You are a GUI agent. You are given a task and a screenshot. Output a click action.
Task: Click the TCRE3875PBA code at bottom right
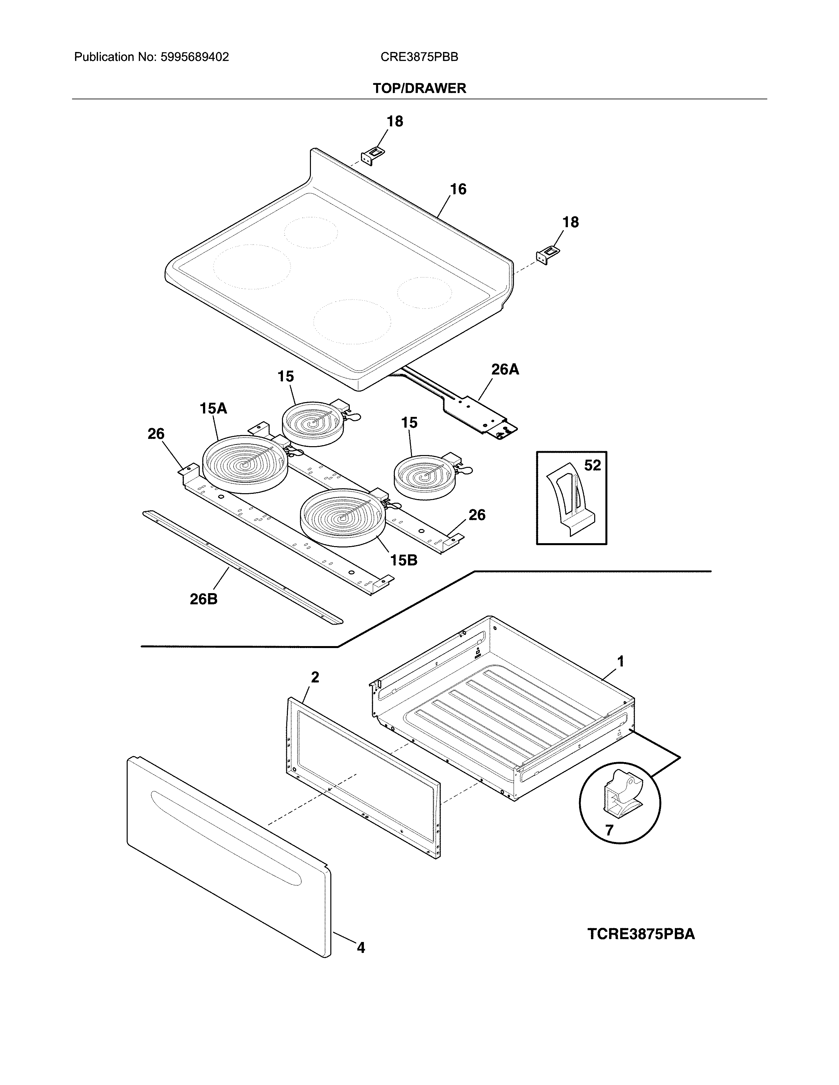coord(641,934)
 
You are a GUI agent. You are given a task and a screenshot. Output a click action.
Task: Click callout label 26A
coord(505,370)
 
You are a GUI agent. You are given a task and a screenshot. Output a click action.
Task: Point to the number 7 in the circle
coord(609,830)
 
